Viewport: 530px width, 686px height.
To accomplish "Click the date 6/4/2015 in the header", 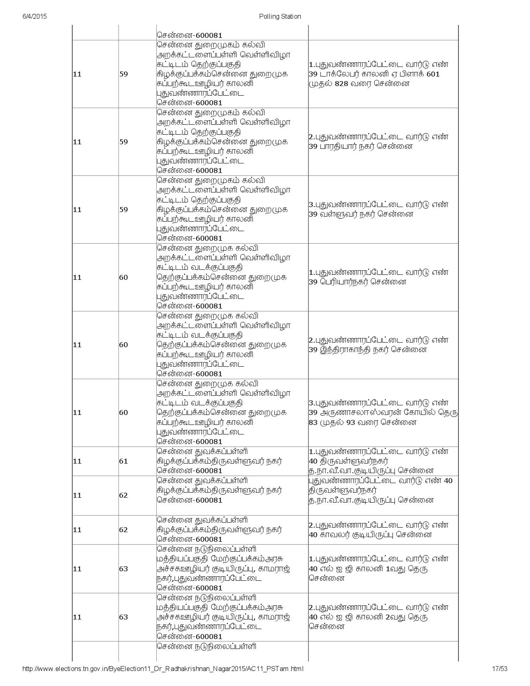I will click(x=34, y=17).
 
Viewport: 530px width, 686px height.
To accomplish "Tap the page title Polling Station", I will click(x=280, y=17).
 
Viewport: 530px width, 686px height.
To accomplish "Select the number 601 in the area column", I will click(x=433, y=74).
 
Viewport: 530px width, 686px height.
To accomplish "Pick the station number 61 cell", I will click(x=123, y=461).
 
